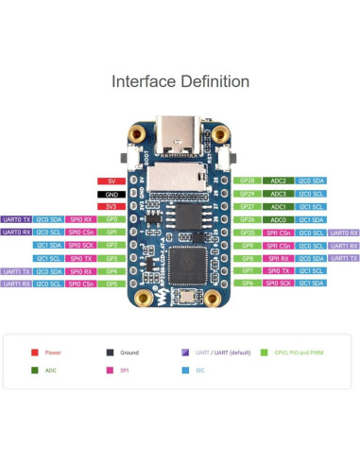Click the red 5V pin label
point(111,181)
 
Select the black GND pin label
point(111,193)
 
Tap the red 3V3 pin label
point(111,206)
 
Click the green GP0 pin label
point(111,218)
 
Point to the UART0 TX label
point(16,218)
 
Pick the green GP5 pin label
point(111,284)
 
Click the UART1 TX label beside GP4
point(16,270)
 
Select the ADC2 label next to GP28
point(279,181)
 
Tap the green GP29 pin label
point(248,193)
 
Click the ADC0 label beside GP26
point(279,218)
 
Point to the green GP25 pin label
point(248,232)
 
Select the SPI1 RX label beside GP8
point(279,257)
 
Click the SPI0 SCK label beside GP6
point(279,284)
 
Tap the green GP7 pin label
point(248,270)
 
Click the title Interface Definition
point(180,82)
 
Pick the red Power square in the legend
point(34,353)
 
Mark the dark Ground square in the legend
point(110,353)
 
